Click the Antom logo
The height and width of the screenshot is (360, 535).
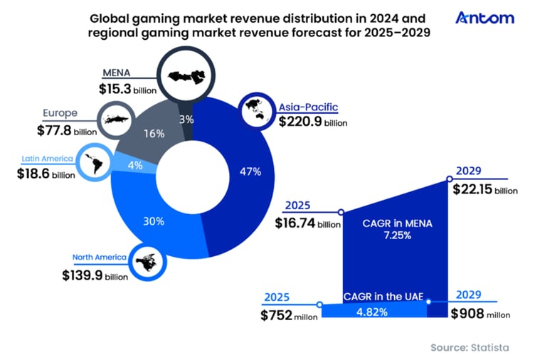pos(484,18)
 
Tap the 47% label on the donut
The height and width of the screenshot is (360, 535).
pos(250,171)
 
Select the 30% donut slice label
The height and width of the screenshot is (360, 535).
pos(154,221)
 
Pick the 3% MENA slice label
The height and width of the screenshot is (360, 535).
pos(186,120)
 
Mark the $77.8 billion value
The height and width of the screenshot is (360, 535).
pos(67,131)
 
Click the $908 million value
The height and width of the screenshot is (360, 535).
pos(481,313)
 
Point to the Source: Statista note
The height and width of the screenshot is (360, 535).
pos(470,347)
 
